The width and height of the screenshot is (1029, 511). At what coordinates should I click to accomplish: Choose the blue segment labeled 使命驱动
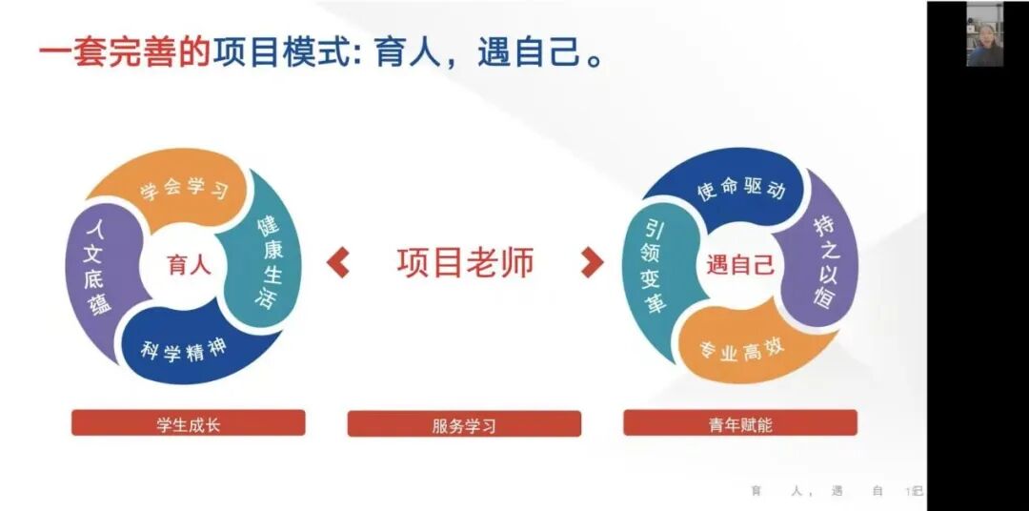[x=740, y=188]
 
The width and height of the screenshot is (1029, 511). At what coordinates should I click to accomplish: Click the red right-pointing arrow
[x=592, y=261]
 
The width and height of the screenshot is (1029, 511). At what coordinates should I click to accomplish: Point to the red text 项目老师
[x=465, y=261]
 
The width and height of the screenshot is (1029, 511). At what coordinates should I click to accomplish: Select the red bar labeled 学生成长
[x=188, y=423]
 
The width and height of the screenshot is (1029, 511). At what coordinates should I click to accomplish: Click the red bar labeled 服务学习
[x=464, y=424]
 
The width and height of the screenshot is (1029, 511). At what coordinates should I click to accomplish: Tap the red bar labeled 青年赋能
[x=740, y=423]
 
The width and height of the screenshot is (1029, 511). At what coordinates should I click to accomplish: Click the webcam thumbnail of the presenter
[x=984, y=34]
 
